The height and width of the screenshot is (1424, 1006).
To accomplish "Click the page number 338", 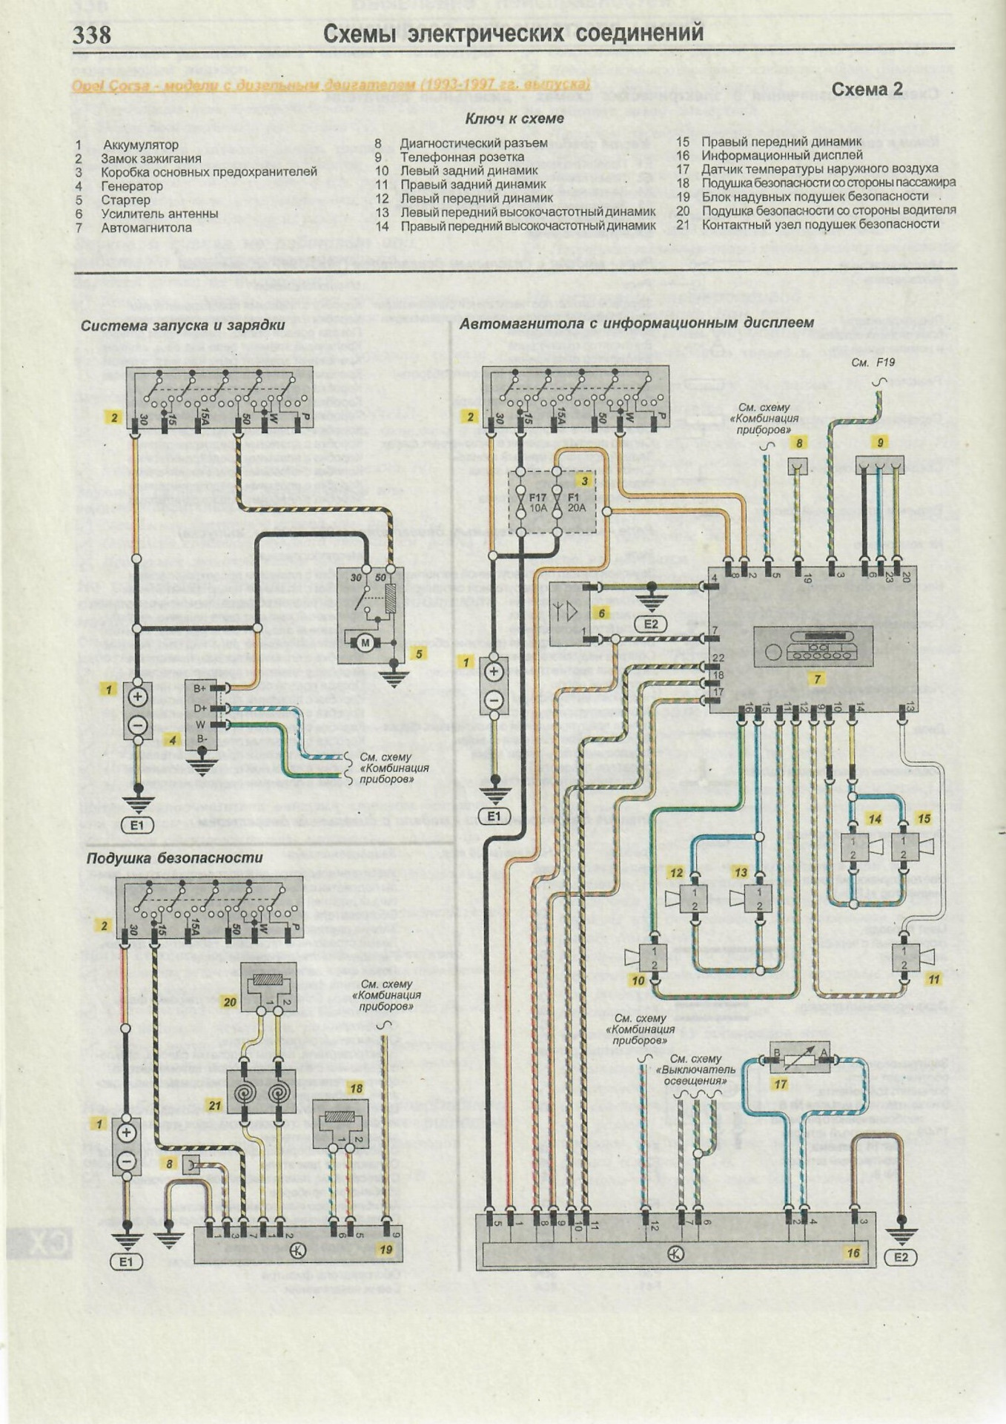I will (92, 35).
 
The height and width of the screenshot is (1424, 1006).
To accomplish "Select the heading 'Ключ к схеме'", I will (514, 119).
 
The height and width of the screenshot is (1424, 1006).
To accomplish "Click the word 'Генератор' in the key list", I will (132, 186).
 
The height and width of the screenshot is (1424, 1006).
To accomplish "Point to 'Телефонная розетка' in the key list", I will (462, 157).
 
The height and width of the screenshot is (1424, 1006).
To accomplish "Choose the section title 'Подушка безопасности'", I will (174, 858).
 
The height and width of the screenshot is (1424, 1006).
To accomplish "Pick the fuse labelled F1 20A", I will (575, 502).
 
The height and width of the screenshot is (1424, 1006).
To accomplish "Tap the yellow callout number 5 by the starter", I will (419, 654).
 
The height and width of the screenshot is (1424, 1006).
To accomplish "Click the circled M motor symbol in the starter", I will (364, 643).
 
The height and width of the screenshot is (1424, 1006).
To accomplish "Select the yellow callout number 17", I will (780, 1084).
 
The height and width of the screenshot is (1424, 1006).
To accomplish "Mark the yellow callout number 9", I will (880, 443).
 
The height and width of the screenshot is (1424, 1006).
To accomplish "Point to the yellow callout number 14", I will (876, 820).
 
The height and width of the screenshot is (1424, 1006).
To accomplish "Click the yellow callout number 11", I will (934, 979).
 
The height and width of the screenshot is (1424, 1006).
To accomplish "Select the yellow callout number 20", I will (230, 1002).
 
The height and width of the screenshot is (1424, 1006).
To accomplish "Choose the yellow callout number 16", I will (853, 1253).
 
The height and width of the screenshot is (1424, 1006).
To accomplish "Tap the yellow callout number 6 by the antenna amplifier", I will (602, 613).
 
